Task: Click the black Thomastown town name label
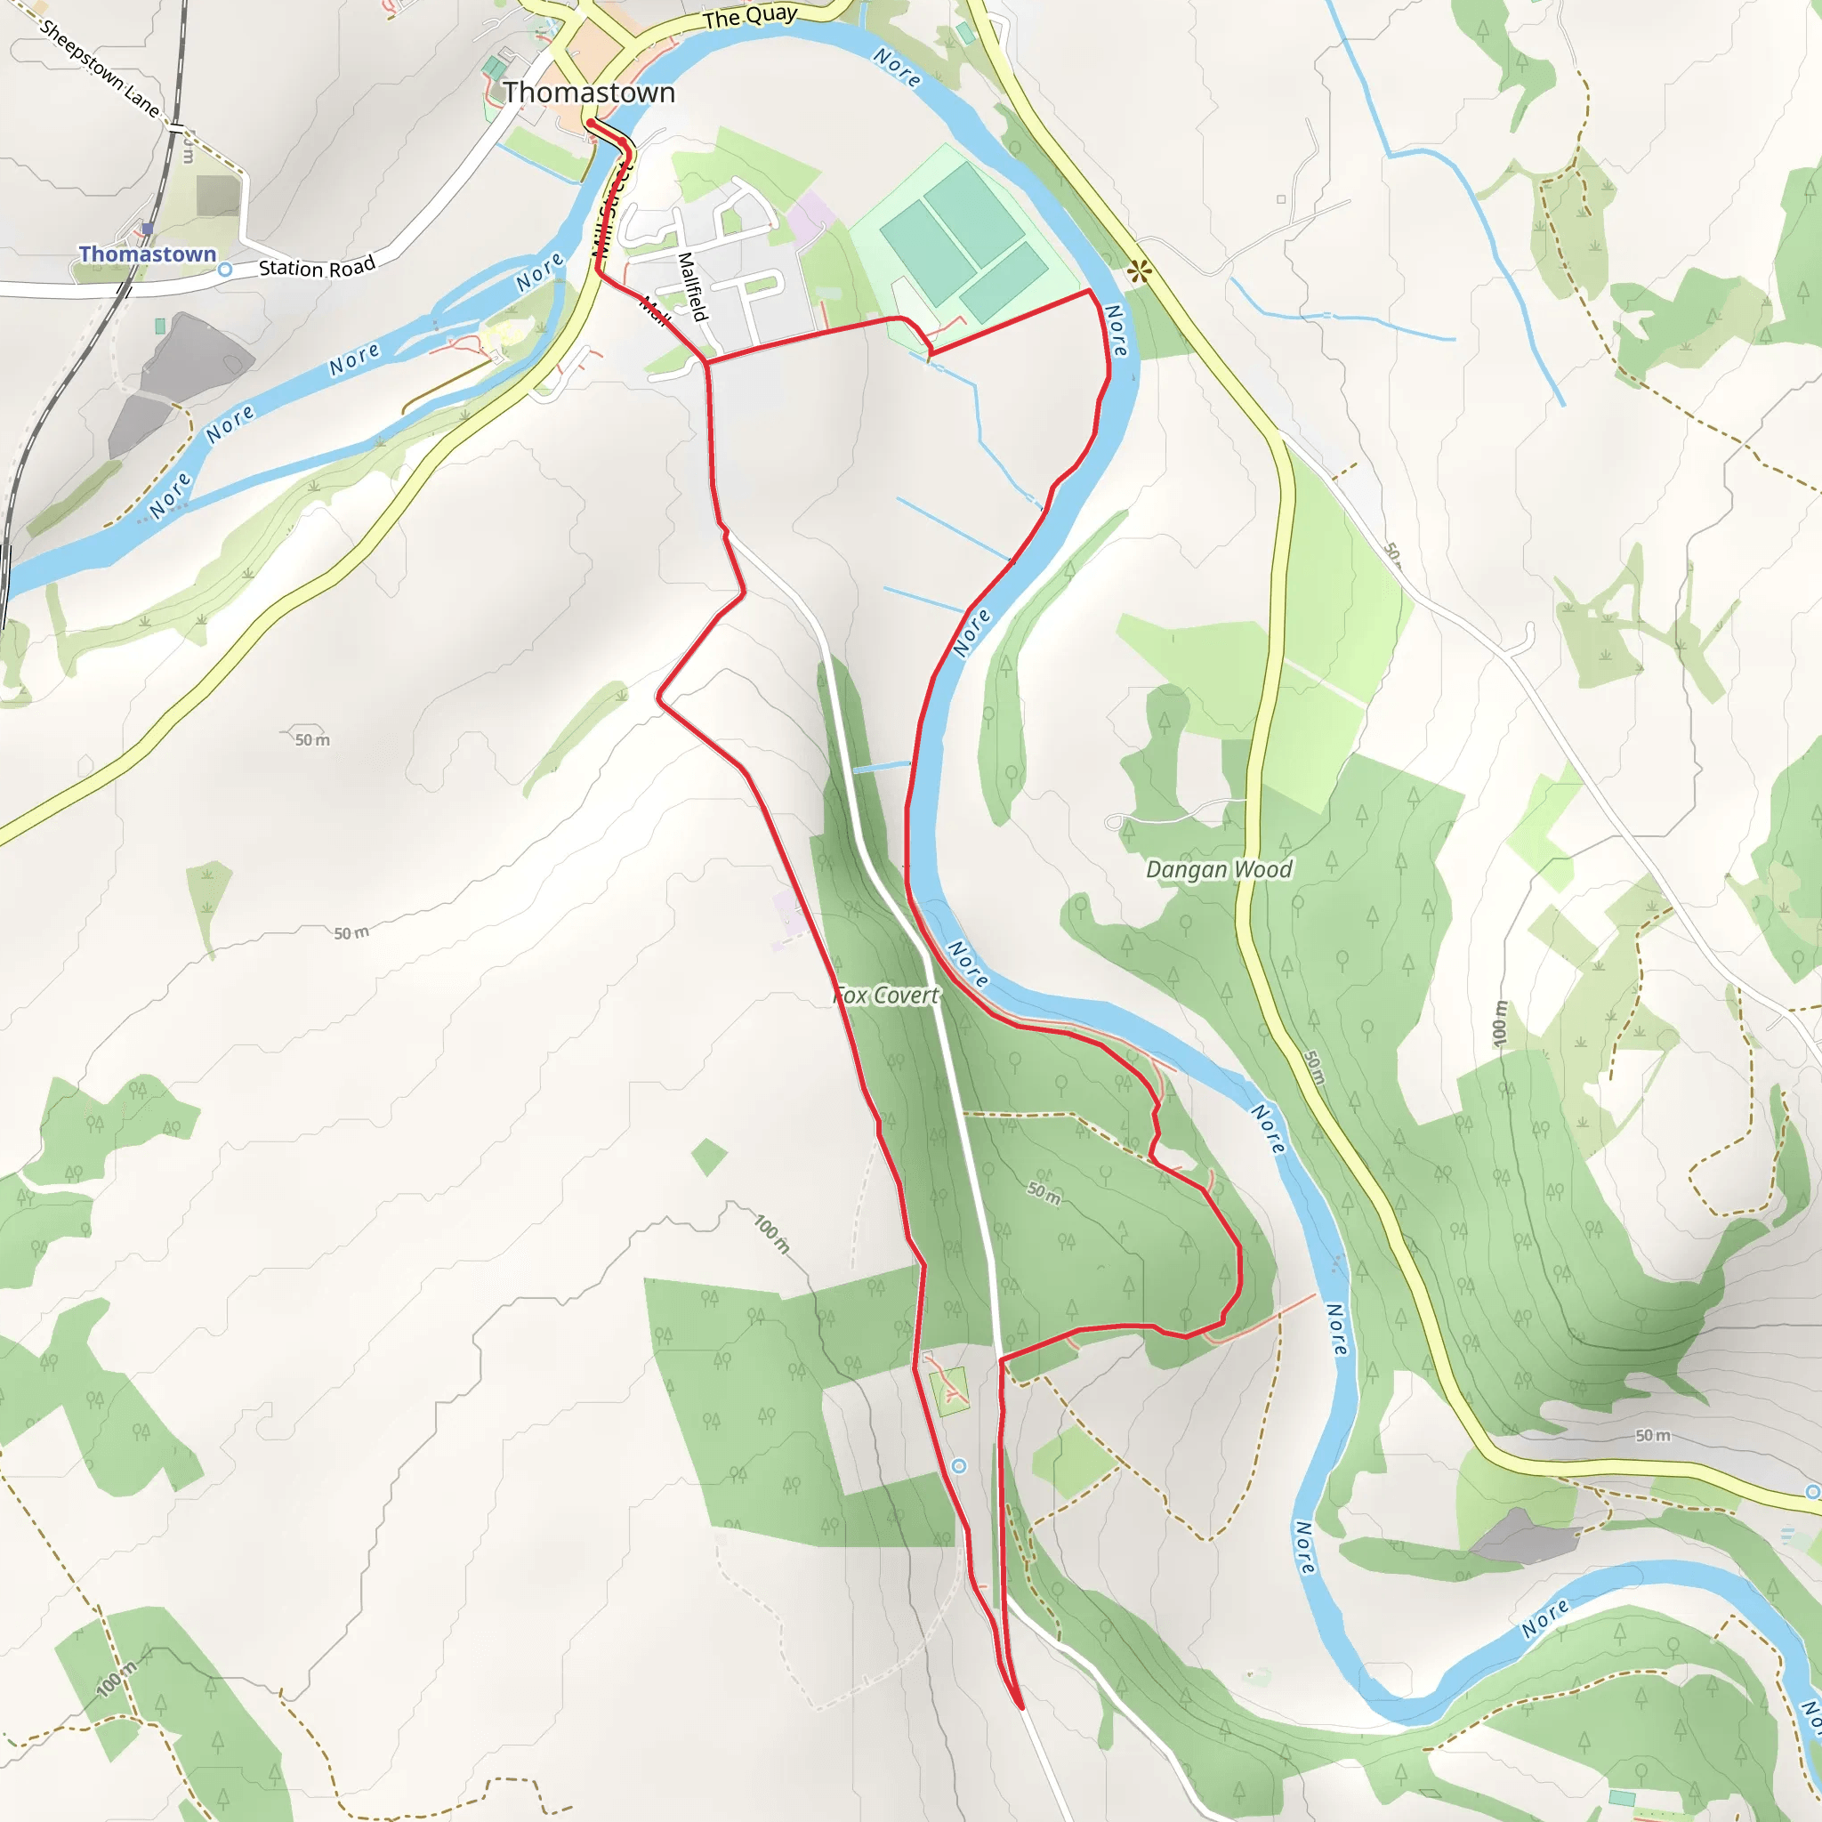click(x=588, y=93)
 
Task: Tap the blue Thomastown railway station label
click(x=147, y=254)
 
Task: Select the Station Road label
click(x=317, y=267)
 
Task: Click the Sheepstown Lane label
click(x=99, y=69)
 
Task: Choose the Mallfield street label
click(x=692, y=286)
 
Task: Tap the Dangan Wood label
click(x=1219, y=869)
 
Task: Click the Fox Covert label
click(x=886, y=995)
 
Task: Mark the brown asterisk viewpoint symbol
click(x=1140, y=271)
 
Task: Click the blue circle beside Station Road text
click(x=224, y=270)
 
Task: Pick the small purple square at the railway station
click(x=148, y=230)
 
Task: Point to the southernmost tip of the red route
click(x=1021, y=1706)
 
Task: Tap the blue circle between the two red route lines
click(x=959, y=1465)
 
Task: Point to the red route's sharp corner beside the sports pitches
click(x=1090, y=292)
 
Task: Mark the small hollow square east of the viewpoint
click(x=1281, y=199)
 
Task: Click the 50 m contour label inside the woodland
click(x=1043, y=1193)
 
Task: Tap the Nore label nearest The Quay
click(x=896, y=68)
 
